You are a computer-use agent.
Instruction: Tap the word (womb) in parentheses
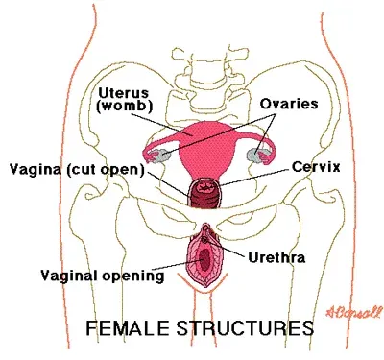pos(120,106)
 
